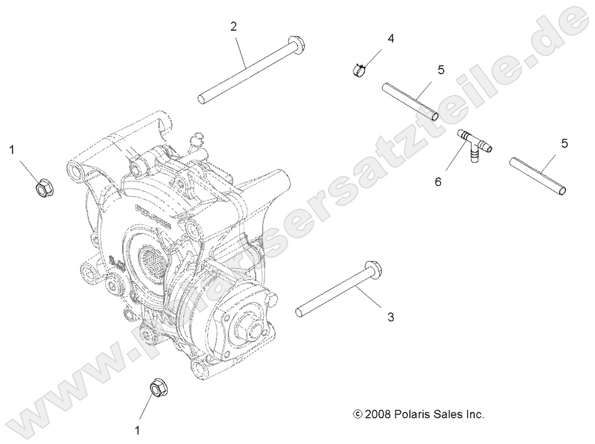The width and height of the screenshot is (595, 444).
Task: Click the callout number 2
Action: [234, 26]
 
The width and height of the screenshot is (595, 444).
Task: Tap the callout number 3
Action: [390, 318]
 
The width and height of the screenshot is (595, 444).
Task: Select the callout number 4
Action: [390, 38]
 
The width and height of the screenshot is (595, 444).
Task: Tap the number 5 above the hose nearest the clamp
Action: [441, 69]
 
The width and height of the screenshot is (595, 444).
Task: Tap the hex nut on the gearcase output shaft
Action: [247, 327]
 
